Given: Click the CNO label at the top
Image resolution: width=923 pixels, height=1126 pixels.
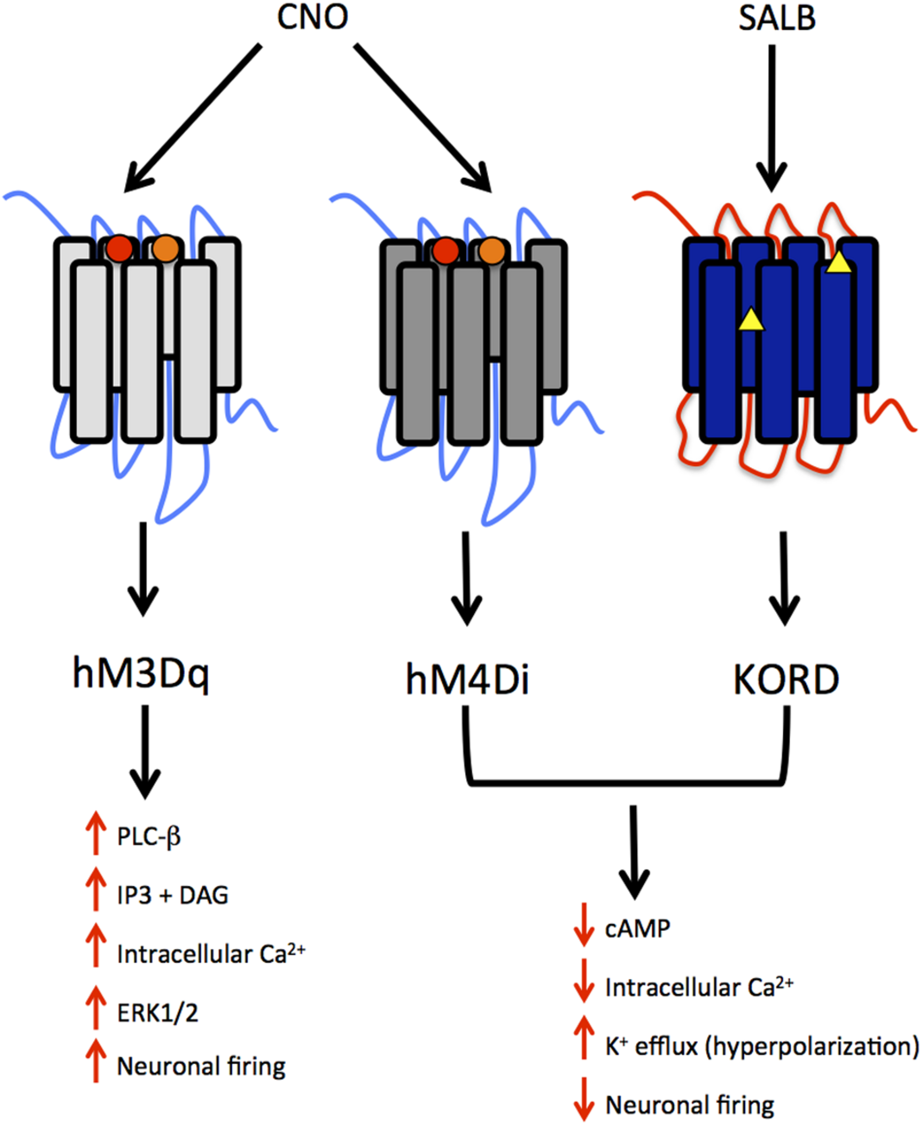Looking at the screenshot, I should click(x=313, y=17).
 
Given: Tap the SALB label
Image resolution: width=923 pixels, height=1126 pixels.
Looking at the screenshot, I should click(x=777, y=18).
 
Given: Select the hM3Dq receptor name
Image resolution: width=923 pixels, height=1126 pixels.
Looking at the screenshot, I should click(x=141, y=674).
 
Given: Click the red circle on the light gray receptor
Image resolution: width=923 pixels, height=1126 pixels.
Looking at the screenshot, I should click(x=119, y=249).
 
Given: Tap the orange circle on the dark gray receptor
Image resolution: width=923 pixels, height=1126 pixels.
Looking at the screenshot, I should click(x=492, y=251).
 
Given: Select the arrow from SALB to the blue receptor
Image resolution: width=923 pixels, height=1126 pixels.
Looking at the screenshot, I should click(x=771, y=117).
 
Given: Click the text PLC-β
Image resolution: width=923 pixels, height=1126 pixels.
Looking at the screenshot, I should click(x=149, y=837).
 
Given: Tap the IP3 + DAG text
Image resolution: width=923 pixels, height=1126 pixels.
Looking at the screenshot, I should click(x=172, y=895).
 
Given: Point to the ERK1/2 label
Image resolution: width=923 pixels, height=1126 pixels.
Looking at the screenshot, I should click(x=157, y=1013).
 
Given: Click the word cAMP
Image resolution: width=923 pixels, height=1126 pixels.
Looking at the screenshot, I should click(x=638, y=929).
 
